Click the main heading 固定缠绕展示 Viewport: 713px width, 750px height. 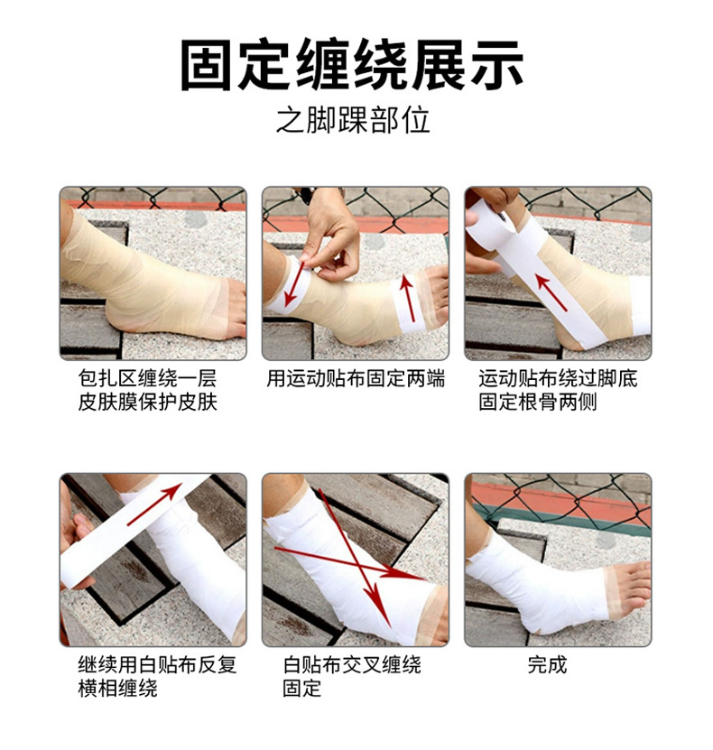(351, 65)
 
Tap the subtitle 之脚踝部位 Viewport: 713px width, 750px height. (354, 120)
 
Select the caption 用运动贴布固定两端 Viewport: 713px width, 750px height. (356, 379)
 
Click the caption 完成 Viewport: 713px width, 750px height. (548, 665)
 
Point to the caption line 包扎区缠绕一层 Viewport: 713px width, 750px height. (148, 379)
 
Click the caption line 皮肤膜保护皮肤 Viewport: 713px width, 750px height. (148, 402)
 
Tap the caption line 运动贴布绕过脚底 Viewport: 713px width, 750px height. (558, 379)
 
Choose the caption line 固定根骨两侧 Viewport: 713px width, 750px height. (538, 402)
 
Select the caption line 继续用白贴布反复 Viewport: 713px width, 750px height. (157, 665)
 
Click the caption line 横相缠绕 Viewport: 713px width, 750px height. (117, 688)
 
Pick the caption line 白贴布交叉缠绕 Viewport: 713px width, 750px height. (352, 665)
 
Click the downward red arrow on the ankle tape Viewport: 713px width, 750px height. (294, 284)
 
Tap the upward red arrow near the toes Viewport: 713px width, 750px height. (407, 297)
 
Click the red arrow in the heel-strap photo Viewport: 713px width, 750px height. (551, 292)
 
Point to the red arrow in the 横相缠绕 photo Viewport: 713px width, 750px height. (154, 505)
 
